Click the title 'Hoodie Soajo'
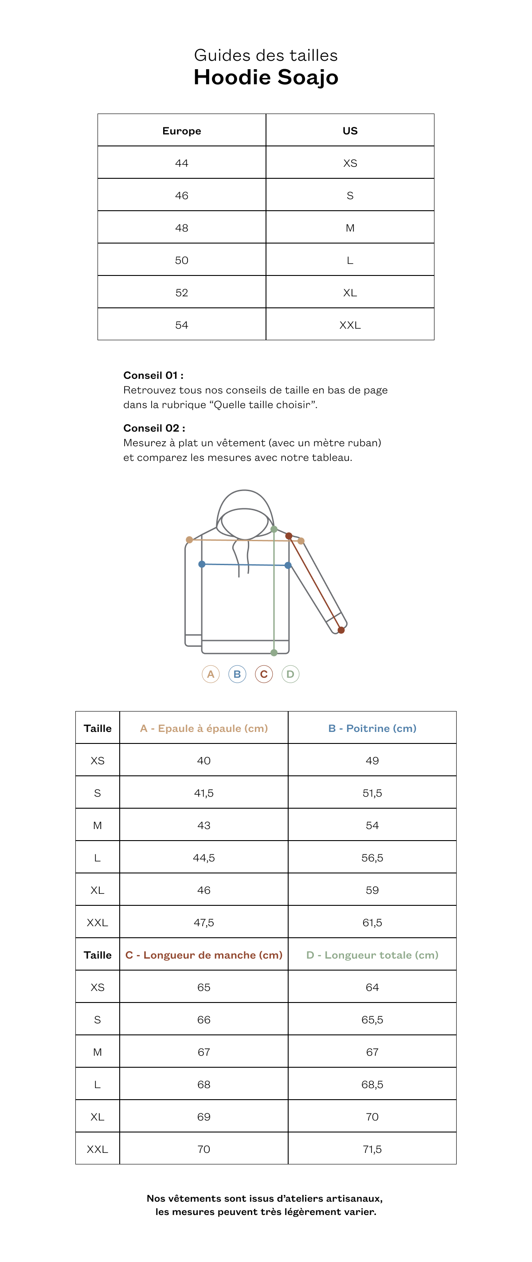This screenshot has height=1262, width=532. click(x=266, y=77)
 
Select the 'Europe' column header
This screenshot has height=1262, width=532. click(x=182, y=131)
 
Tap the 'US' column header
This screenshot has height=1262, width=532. click(x=350, y=131)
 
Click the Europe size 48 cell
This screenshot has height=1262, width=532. click(x=182, y=228)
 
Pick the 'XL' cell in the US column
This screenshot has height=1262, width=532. click(x=350, y=292)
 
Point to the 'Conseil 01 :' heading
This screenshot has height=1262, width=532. click(x=153, y=375)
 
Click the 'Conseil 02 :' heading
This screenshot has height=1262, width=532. click(x=154, y=428)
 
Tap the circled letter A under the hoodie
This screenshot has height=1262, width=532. click(x=211, y=674)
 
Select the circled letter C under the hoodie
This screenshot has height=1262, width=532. click(x=264, y=674)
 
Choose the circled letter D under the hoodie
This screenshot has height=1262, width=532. click(x=290, y=674)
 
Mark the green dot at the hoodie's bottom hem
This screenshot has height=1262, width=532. click(x=274, y=653)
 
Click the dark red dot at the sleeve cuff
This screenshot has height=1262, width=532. click(x=341, y=630)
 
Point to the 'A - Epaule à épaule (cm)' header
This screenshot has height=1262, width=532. click(x=203, y=728)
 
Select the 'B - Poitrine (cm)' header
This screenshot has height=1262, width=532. click(x=372, y=728)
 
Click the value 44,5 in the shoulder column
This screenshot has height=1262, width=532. click(x=203, y=858)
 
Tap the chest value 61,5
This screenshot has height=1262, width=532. click(x=372, y=923)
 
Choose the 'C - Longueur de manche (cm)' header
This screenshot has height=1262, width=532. click(x=203, y=955)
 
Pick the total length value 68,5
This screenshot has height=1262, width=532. click(x=372, y=1084)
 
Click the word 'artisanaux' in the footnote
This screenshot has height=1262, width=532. click(x=354, y=1198)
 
